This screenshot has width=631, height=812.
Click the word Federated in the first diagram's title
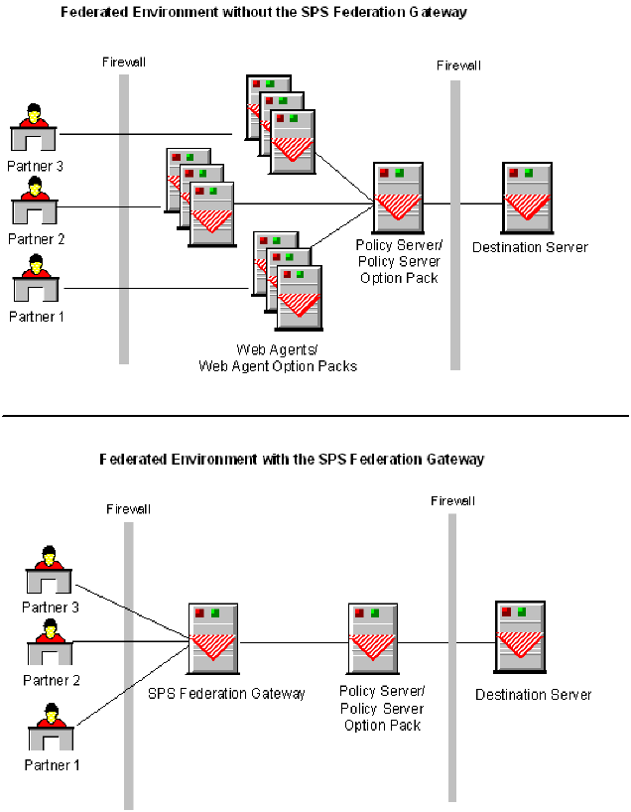[96, 12]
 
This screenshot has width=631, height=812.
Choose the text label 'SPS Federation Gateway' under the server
[226, 694]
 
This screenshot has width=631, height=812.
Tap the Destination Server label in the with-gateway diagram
[533, 695]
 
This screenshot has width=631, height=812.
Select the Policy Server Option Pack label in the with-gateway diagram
[382, 708]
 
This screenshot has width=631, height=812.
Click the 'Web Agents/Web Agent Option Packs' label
[278, 358]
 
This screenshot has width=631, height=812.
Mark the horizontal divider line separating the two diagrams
[315, 415]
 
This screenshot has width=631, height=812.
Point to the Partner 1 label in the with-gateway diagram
[52, 765]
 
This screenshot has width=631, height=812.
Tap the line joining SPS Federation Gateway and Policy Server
[293, 641]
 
